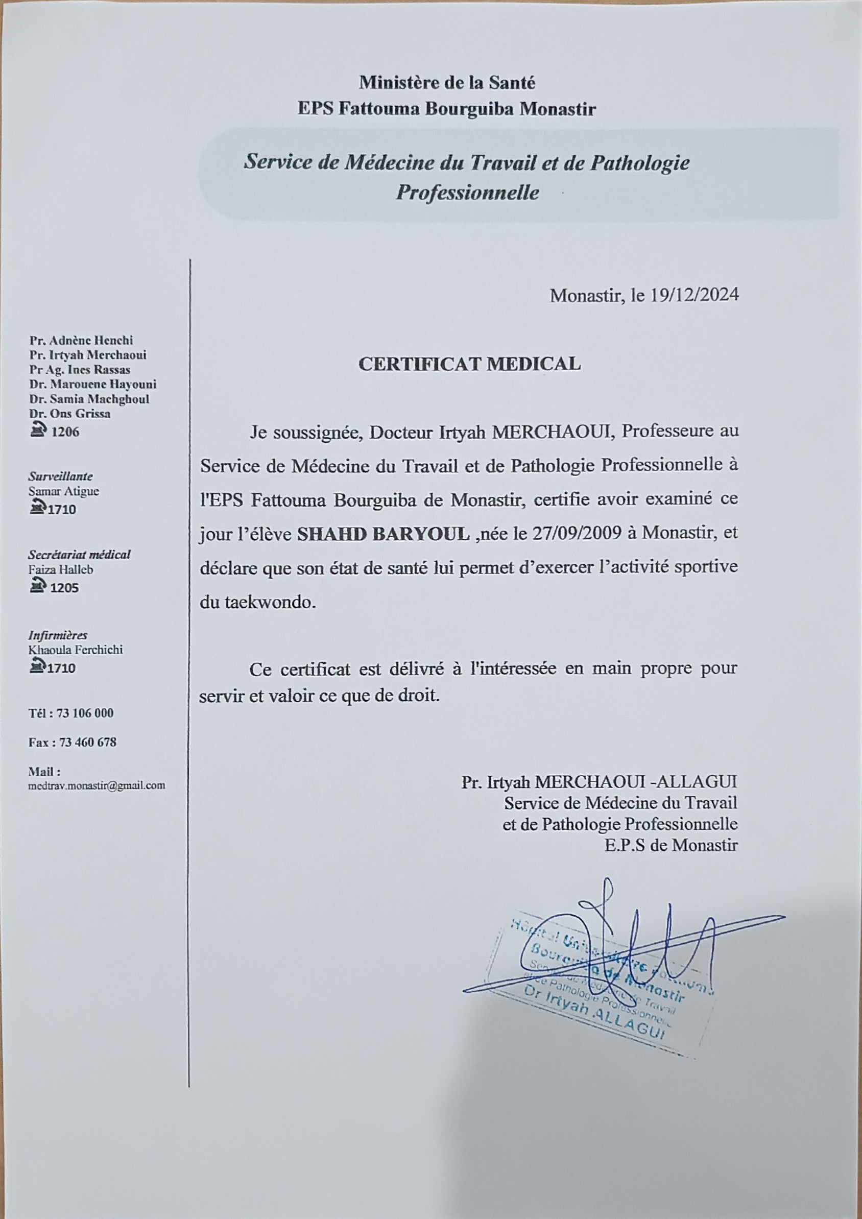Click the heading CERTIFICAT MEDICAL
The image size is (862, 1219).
[469, 364]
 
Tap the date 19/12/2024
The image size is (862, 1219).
[695, 295]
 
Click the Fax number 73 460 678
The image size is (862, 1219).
[88, 742]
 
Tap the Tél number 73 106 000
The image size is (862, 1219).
[85, 713]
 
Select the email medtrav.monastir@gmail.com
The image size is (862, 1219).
[97, 786]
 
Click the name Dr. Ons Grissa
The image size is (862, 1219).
[69, 414]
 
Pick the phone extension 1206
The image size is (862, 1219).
[65, 432]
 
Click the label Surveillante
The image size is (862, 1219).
[60, 476]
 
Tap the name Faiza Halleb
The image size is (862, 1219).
[60, 570]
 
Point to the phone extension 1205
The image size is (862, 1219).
[64, 588]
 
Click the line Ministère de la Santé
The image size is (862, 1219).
[447, 83]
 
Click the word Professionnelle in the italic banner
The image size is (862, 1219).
[467, 193]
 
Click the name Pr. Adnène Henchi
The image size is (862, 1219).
[81, 340]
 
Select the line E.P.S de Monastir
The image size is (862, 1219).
[671, 845]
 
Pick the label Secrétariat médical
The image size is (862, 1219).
[79, 555]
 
